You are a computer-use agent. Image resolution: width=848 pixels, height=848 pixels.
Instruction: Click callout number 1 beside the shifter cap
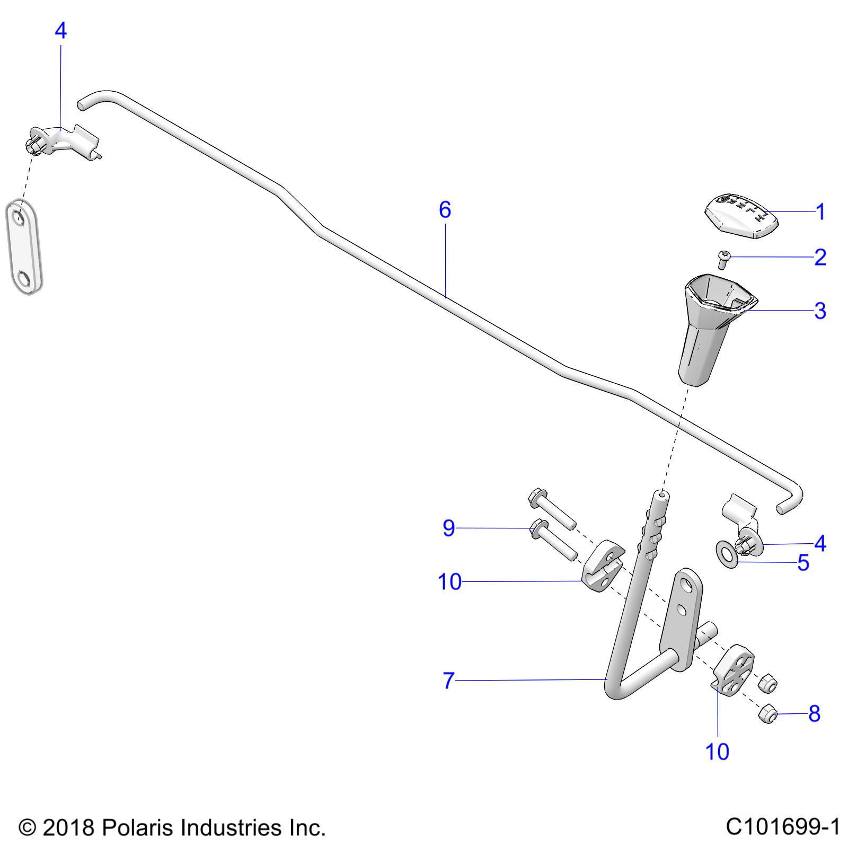point(820,212)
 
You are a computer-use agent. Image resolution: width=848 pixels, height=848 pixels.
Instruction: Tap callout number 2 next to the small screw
point(820,258)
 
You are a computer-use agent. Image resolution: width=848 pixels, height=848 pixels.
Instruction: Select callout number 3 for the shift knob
point(820,311)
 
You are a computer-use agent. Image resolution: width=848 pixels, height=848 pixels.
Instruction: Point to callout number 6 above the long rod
point(445,210)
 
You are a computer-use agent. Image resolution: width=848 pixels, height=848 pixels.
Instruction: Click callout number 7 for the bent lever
point(448,681)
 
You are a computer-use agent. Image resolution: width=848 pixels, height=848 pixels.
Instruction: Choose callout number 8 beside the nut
point(815,714)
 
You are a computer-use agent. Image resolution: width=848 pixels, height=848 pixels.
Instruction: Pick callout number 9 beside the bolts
point(448,528)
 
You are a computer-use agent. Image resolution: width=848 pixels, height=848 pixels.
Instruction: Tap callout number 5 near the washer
point(803,563)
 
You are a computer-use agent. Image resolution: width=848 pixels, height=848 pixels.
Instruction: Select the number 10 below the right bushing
point(717,752)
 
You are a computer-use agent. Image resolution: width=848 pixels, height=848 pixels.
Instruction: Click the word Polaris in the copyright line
point(136,827)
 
